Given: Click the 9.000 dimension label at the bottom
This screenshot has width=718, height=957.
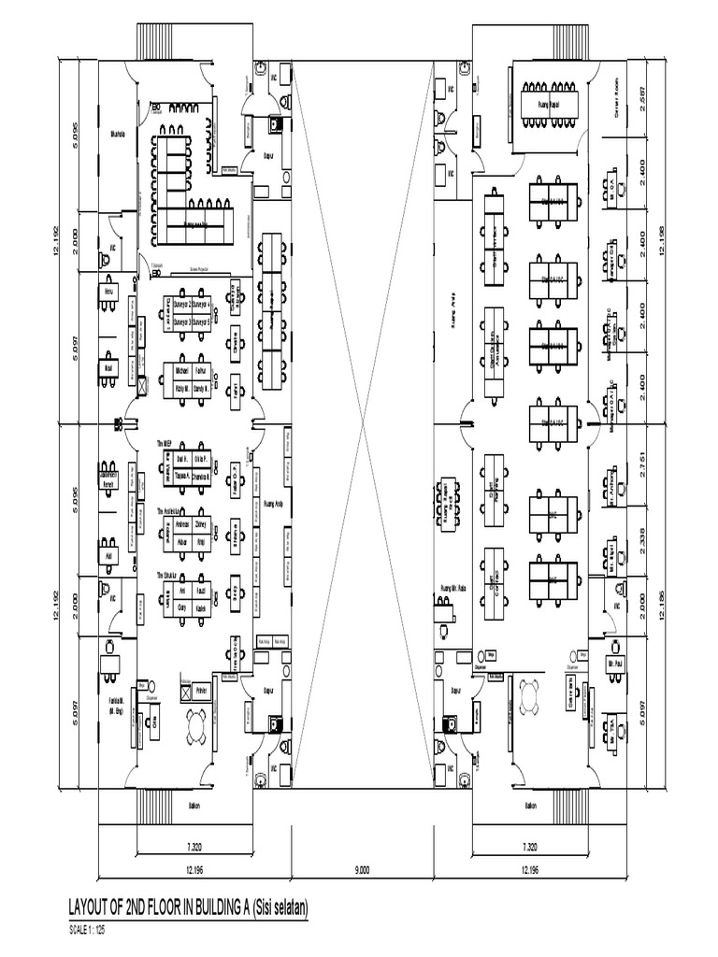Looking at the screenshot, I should point(362,869).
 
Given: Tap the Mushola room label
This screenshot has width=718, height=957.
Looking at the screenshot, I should point(118,133).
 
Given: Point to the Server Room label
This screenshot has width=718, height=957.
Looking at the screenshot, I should point(616,91).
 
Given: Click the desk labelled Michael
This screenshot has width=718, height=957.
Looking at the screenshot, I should point(182,371).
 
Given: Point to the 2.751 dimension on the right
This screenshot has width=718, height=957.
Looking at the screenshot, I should point(642,469).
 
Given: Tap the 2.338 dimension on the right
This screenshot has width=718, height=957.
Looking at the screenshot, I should point(642,542).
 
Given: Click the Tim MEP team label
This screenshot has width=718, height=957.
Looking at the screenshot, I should point(166,444).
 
